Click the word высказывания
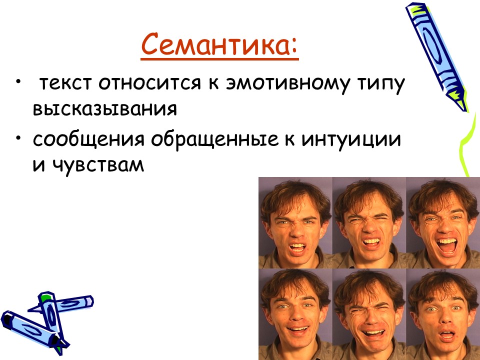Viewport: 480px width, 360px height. click(105, 109)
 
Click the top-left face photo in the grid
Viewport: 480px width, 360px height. click(295, 222)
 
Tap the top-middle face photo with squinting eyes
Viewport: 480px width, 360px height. click(369, 222)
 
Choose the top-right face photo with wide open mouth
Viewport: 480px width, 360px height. click(443, 222)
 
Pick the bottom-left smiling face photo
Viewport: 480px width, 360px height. click(295, 314)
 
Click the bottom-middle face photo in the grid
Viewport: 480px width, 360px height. click(369, 314)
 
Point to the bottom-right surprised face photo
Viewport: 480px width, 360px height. click(443, 314)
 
